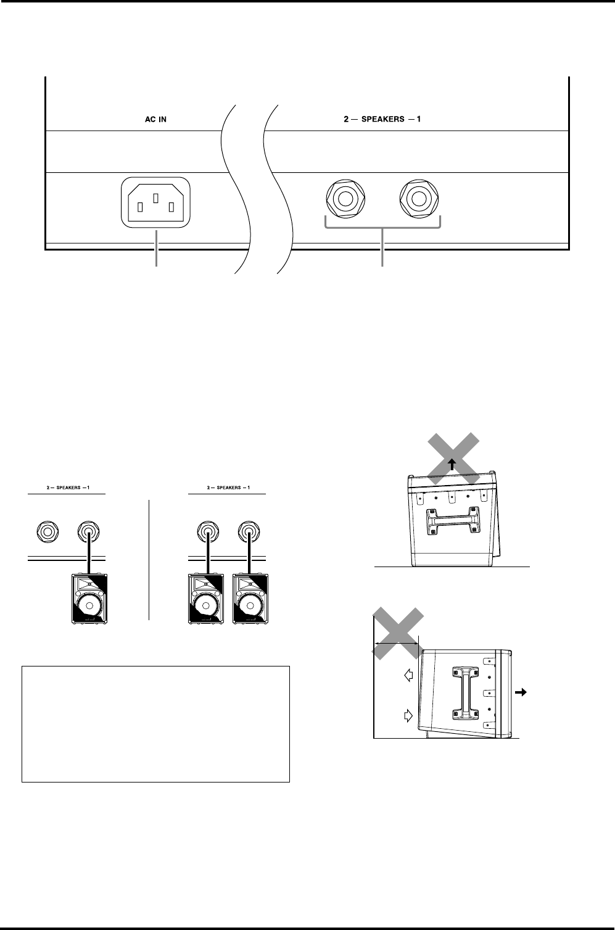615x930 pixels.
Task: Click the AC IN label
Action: (x=151, y=119)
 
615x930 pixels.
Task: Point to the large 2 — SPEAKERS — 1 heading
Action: (x=382, y=119)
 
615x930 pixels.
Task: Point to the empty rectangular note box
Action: (x=155, y=723)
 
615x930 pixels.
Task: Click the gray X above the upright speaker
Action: (x=453, y=455)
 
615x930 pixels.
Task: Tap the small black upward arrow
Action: (x=453, y=465)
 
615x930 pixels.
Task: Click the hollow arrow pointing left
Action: (x=408, y=676)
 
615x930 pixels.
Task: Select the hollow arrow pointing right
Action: (x=408, y=715)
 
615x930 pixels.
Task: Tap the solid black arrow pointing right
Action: (x=521, y=693)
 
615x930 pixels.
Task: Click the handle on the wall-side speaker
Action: (x=466, y=694)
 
